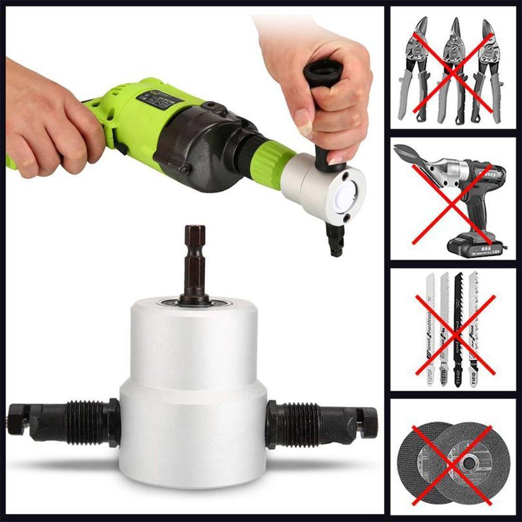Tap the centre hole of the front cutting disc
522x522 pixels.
(468, 463)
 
